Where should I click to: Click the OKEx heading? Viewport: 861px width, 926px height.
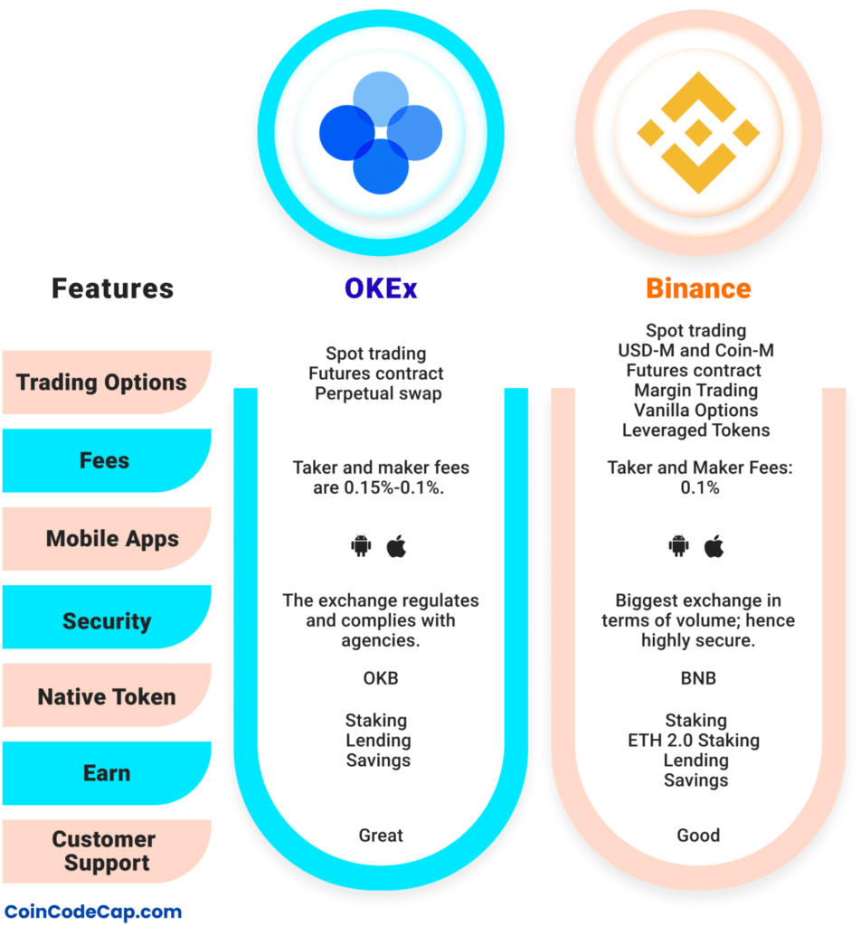click(x=381, y=288)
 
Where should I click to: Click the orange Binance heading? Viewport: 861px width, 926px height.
click(x=698, y=288)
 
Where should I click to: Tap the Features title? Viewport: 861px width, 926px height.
click(x=112, y=288)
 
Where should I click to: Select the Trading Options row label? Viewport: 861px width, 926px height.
click(x=101, y=382)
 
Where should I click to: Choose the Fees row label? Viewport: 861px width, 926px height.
click(x=104, y=460)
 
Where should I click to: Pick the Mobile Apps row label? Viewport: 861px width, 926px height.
click(x=112, y=539)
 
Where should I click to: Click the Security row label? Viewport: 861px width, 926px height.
click(x=107, y=621)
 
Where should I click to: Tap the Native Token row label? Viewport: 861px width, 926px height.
click(x=107, y=697)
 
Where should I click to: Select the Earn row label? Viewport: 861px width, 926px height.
click(x=107, y=773)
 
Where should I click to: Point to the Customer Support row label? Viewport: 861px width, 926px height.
click(x=104, y=851)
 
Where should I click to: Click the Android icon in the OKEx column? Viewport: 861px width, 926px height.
click(x=362, y=546)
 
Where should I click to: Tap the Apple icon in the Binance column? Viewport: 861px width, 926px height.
click(x=714, y=546)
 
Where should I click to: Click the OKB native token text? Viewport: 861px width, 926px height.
click(x=380, y=678)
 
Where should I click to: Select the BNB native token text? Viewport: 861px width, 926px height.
click(x=697, y=678)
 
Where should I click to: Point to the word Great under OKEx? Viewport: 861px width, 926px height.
click(x=381, y=835)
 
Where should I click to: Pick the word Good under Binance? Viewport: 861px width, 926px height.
click(x=698, y=835)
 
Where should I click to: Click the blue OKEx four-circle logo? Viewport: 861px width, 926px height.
click(x=381, y=133)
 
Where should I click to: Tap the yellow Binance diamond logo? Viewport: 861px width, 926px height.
click(x=698, y=133)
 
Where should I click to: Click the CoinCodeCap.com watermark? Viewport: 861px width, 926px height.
click(x=92, y=912)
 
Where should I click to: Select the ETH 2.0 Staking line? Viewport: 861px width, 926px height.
click(x=695, y=741)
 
